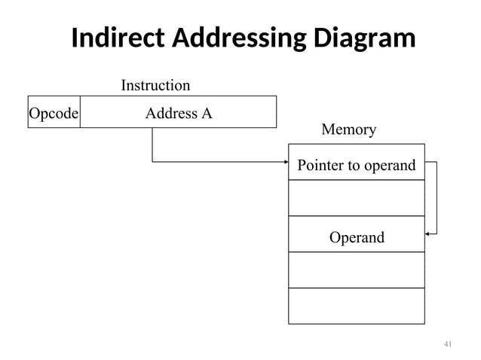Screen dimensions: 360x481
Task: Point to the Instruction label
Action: pos(155,86)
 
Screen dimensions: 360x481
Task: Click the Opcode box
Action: pos(54,113)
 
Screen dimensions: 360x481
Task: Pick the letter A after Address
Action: pos(205,114)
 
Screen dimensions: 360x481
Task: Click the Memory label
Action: pos(348,130)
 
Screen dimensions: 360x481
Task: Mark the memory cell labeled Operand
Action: pos(357,237)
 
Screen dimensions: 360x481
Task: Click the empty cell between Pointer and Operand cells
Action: pos(357,198)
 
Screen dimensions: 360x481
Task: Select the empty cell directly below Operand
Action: pos(357,270)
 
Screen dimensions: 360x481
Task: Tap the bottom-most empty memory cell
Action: pos(357,305)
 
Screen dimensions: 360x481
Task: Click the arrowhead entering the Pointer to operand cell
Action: pos(286,162)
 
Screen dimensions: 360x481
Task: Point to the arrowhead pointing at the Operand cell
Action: pos(428,234)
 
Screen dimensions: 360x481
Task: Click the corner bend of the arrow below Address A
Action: pos(153,162)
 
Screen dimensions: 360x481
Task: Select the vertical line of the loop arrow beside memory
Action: pos(437,198)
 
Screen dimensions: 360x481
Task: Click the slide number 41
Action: pos(447,344)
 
